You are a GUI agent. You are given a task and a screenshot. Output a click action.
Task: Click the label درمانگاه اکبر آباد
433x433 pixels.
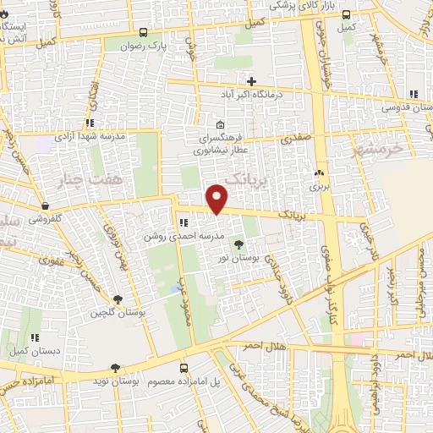(251, 95)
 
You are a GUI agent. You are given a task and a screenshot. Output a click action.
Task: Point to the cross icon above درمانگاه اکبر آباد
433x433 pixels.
(251, 80)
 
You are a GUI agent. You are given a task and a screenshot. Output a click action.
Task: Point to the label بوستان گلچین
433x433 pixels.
(118, 313)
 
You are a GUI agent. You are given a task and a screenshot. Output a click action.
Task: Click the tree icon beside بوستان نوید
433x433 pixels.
(115, 368)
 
